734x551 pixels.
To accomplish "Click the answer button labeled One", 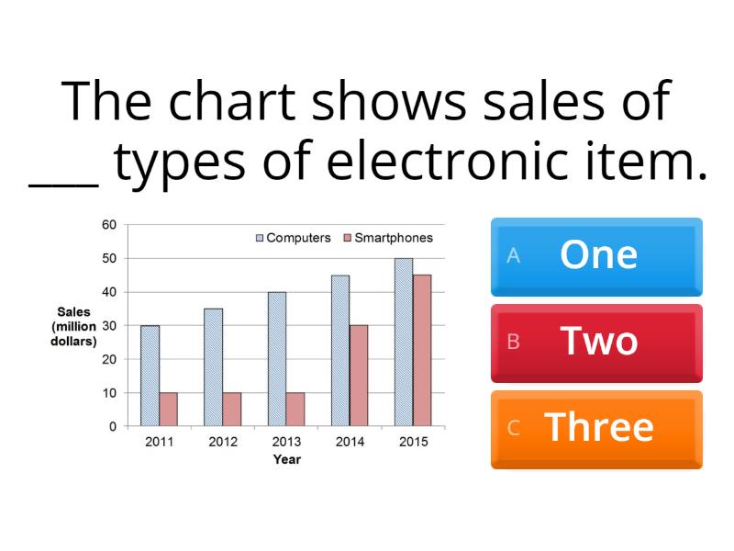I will pos(596,256).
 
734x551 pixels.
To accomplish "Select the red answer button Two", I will pos(596,343).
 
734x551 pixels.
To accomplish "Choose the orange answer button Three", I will pos(596,429).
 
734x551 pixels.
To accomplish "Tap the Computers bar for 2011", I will pos(150,376).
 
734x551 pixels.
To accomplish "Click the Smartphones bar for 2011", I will pos(168,410).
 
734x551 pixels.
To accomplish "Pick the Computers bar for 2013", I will pos(277,359).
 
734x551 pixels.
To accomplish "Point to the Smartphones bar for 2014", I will pos(359,376).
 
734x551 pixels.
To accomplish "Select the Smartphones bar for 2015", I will pos(422,351).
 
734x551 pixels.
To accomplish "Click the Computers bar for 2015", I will pos(404,343).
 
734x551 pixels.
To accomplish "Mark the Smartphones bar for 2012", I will pos(231,410).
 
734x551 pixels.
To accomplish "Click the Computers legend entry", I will pos(293,238).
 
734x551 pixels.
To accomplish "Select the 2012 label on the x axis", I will pos(222,442).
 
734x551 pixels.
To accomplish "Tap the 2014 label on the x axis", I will pos(350,442).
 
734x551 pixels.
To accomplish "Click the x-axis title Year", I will pos(286,459).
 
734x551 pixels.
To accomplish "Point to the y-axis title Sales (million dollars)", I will pos(73,326).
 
